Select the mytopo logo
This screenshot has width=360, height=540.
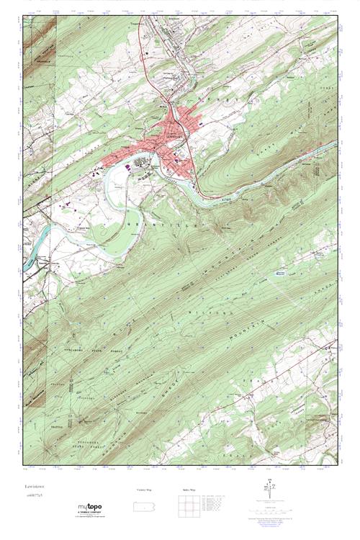(x=91, y=508)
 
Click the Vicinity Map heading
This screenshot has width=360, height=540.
(x=143, y=490)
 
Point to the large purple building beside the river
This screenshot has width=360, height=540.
(x=127, y=166)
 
